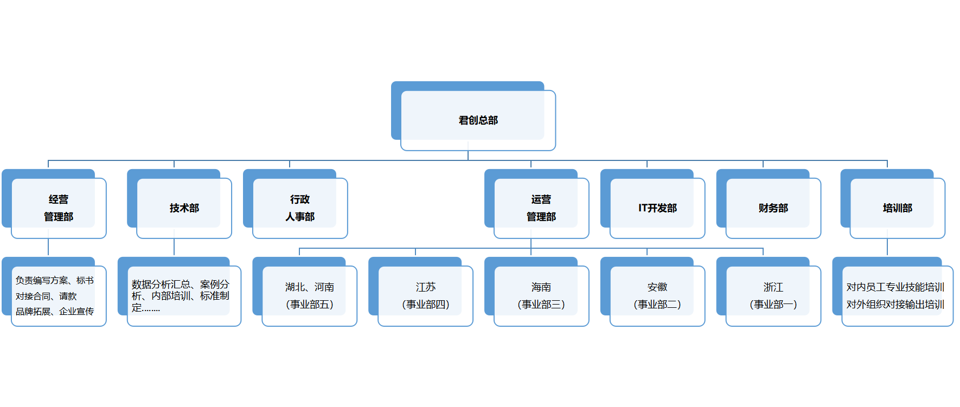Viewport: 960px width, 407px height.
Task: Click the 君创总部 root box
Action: click(478, 120)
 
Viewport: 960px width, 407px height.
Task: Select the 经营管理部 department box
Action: click(59, 208)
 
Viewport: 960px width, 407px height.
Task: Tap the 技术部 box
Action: click(184, 208)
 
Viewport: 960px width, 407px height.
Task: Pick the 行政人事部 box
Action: click(300, 208)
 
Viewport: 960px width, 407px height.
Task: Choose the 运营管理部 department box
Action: click(541, 208)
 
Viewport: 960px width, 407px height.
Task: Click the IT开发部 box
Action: click(657, 208)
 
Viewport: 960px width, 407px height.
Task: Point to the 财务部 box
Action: click(773, 208)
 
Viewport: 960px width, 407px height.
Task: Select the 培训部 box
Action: click(898, 208)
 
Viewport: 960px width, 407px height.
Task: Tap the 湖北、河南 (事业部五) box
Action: click(309, 296)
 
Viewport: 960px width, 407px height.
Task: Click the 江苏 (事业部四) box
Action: click(425, 296)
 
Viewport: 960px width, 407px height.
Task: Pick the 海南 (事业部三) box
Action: click(541, 296)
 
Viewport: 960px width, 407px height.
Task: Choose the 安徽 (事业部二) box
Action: click(657, 296)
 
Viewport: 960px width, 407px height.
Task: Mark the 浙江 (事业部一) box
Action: click(773, 296)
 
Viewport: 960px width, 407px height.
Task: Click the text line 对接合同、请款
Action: click(46, 296)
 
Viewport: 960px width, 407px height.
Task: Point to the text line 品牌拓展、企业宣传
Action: click(55, 312)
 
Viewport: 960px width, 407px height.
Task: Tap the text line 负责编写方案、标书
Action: click(55, 281)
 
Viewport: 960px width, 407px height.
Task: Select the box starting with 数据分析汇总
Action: click(181, 296)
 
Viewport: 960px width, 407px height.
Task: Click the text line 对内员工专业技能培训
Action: click(895, 287)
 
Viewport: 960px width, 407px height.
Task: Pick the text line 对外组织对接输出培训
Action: click(895, 305)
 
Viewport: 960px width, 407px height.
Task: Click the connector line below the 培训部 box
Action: click(887, 247)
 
